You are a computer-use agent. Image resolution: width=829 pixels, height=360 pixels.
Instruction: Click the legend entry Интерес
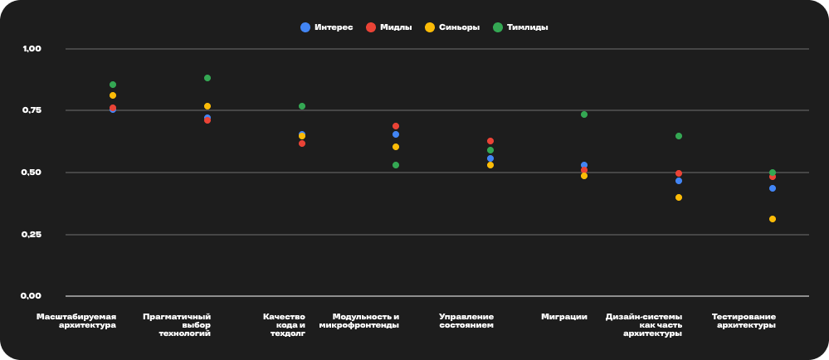[x=327, y=27]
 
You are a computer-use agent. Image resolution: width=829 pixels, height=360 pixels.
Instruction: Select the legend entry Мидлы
[x=389, y=27]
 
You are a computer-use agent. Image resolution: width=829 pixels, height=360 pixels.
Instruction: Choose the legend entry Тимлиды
[x=520, y=27]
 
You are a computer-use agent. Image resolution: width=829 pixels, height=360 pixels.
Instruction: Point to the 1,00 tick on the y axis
[x=32, y=49]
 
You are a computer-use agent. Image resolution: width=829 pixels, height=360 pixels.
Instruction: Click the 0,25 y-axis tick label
[x=32, y=235]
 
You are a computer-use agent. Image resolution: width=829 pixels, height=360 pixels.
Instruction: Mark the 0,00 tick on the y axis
[x=32, y=296]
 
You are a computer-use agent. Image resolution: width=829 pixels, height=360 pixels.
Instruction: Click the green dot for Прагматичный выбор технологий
[x=207, y=78]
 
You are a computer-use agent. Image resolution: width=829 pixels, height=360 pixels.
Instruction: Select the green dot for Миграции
[x=584, y=114]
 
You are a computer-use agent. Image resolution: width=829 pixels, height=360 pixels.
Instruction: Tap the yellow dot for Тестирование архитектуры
[x=773, y=219]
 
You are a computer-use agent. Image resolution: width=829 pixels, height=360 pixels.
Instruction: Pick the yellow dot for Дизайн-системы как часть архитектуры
[x=679, y=197]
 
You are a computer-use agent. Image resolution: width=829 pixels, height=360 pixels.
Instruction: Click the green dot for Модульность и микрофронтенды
[x=396, y=165]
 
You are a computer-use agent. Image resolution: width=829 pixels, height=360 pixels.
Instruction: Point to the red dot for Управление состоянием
[x=490, y=141]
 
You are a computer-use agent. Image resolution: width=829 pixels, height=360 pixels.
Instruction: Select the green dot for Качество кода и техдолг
[x=302, y=106]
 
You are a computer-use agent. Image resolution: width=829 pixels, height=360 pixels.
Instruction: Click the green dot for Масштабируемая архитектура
[x=113, y=85]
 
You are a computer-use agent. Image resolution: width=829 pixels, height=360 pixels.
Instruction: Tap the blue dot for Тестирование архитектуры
[x=773, y=188]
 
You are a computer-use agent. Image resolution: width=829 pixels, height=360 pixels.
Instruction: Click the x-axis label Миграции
[x=564, y=316]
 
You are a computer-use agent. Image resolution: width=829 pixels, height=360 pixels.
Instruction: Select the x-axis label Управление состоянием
[x=466, y=320]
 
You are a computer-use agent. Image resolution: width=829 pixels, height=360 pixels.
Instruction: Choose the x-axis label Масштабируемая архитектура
[x=76, y=320]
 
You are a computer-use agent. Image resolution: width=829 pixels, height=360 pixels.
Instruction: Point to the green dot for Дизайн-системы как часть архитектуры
[x=679, y=136]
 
